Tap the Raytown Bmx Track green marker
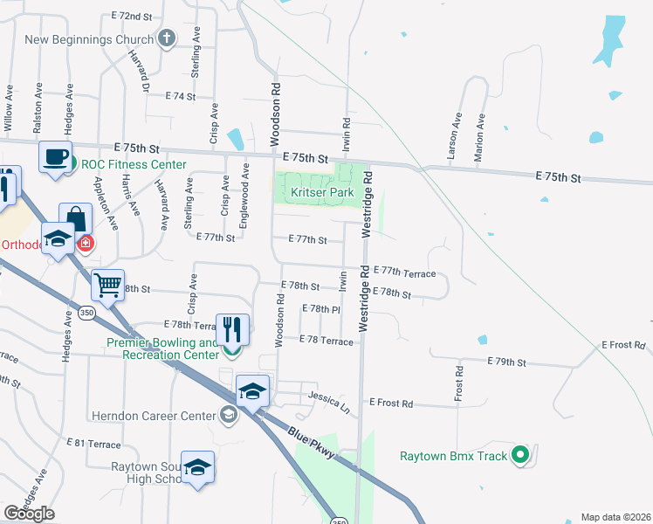520,455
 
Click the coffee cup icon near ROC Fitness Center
55,157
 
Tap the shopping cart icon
107,284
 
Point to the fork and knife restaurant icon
232,329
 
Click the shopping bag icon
76,218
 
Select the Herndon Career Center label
163,416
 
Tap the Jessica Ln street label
328,403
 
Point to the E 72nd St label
132,17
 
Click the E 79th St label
508,362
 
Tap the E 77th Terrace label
404,273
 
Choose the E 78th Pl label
320,309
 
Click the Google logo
29,514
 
